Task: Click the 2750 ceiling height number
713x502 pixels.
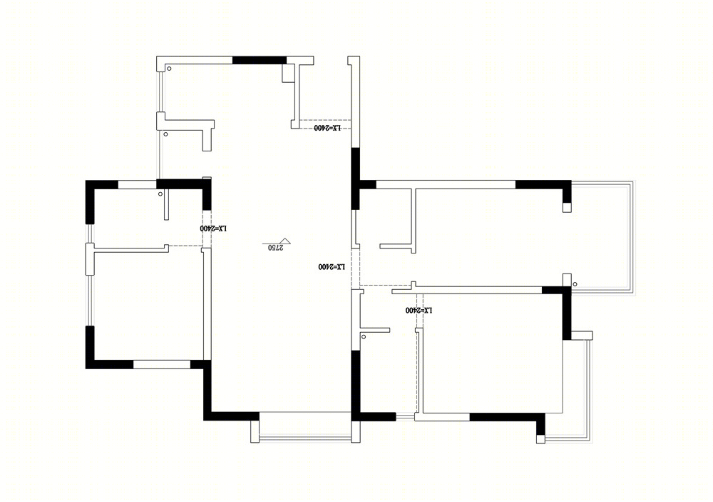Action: [x=275, y=247]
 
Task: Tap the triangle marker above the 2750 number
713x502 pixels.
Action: [x=285, y=241]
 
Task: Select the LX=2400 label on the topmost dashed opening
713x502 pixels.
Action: [x=327, y=128]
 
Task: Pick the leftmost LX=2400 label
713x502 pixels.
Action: [x=213, y=228]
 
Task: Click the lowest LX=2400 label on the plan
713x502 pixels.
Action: [x=419, y=310]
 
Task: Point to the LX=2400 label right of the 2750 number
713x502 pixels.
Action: [x=332, y=266]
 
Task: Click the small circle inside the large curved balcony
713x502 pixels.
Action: [x=575, y=284]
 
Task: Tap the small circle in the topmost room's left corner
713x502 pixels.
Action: [x=169, y=69]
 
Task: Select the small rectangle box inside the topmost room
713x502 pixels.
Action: [x=288, y=74]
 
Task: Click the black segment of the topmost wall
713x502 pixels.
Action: [x=260, y=60]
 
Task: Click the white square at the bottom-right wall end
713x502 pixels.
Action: [x=540, y=439]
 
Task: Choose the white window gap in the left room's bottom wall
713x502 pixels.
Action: [x=161, y=364]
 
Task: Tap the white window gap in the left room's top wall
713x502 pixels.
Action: [x=138, y=184]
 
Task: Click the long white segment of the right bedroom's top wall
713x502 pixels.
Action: [x=446, y=184]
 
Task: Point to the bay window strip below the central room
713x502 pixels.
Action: [x=305, y=439]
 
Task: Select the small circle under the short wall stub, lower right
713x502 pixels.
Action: [x=364, y=336]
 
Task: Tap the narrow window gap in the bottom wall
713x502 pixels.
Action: [x=405, y=417]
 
